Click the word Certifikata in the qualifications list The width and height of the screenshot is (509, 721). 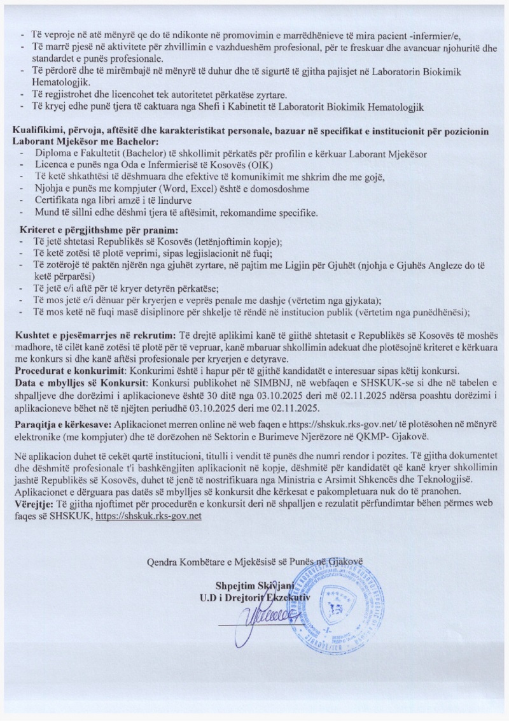61,200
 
